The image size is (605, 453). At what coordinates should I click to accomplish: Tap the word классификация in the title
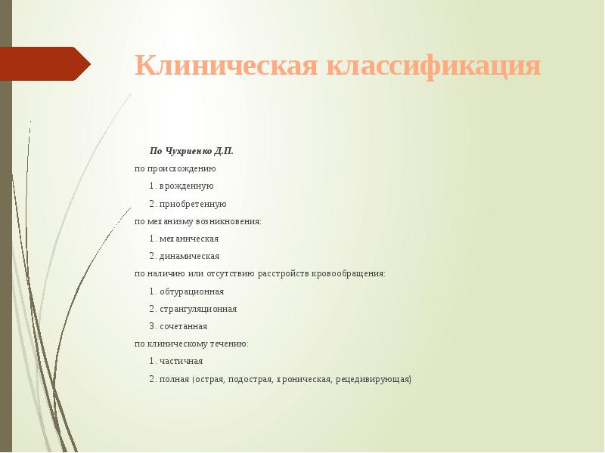click(x=434, y=66)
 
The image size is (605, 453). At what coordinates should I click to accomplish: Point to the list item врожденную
click(x=187, y=186)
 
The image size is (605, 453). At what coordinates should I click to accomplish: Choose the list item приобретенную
click(x=193, y=204)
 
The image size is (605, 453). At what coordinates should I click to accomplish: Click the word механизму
click(x=170, y=221)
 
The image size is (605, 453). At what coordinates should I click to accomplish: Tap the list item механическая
click(x=189, y=239)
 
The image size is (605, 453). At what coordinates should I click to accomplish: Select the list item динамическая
click(x=189, y=256)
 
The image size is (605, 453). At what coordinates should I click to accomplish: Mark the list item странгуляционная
click(x=198, y=309)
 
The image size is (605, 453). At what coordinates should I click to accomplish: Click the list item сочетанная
click(x=184, y=326)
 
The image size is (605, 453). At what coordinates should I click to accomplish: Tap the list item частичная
click(x=181, y=361)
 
